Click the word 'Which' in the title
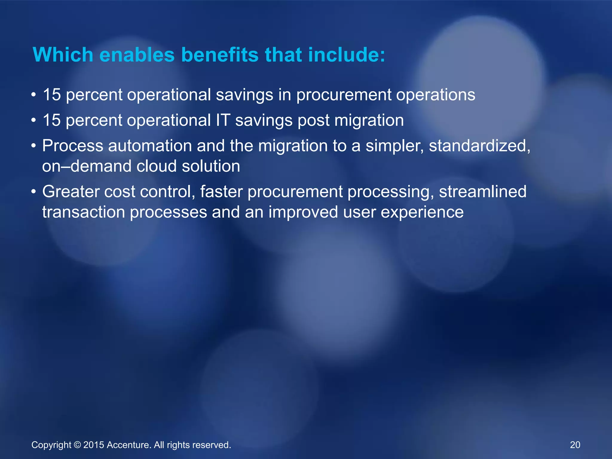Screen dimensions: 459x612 63,55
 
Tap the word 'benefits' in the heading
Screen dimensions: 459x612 220,55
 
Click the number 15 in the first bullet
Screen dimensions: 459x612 52,95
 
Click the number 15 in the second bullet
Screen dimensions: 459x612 52,120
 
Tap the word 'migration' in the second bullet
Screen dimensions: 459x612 369,120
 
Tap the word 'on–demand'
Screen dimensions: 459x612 86,166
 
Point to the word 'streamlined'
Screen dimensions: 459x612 482,192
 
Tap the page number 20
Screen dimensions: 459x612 575,445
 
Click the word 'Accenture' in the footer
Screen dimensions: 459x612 129,445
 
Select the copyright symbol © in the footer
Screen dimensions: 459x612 77,445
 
